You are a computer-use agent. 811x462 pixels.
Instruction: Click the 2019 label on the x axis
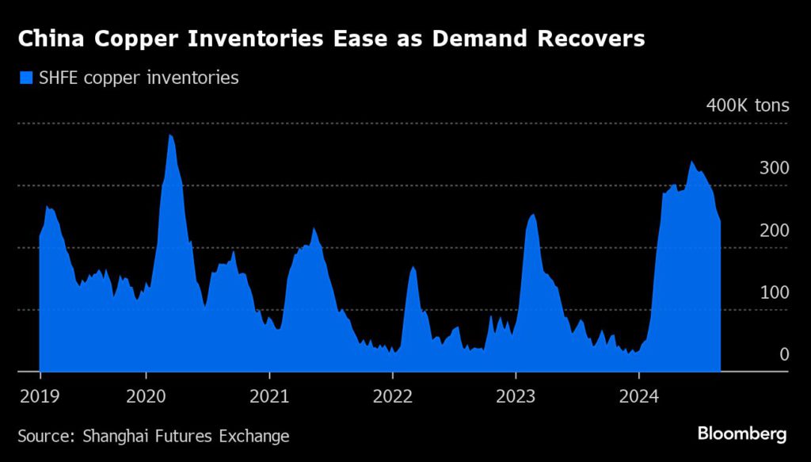(40, 395)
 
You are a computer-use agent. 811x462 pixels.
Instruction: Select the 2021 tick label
(269, 395)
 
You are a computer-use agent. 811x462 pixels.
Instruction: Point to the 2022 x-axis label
(393, 395)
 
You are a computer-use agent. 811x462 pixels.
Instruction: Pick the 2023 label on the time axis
(516, 395)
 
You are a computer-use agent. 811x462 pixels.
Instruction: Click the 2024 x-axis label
(638, 395)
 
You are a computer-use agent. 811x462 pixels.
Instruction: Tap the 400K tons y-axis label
(748, 105)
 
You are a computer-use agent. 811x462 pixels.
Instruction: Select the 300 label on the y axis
(775, 168)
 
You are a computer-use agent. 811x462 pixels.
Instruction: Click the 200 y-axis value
(775, 230)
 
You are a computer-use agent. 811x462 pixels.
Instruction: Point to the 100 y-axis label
(775, 292)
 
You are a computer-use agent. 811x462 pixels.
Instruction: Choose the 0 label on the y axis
(784, 354)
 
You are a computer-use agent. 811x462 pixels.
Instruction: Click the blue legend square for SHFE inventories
(25, 78)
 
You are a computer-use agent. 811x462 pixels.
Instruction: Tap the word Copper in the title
(118, 39)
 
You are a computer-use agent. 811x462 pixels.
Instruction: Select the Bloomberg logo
(741, 434)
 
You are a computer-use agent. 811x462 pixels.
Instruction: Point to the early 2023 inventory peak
(532, 214)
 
